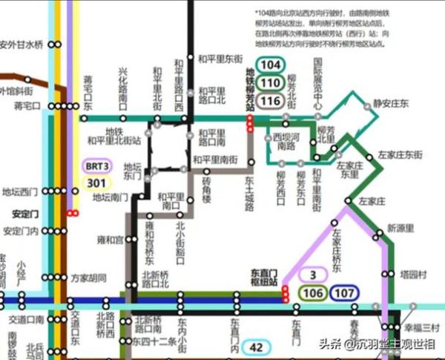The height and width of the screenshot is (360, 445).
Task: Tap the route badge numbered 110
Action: click(x=271, y=82)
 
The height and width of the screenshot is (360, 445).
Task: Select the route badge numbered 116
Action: click(x=271, y=100)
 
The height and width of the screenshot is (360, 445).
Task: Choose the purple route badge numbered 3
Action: click(x=313, y=275)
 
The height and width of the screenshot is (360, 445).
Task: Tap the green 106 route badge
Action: click(x=313, y=293)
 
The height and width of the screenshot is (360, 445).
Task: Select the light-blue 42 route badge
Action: click(x=257, y=347)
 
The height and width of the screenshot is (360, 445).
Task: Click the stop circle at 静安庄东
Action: click(x=366, y=108)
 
